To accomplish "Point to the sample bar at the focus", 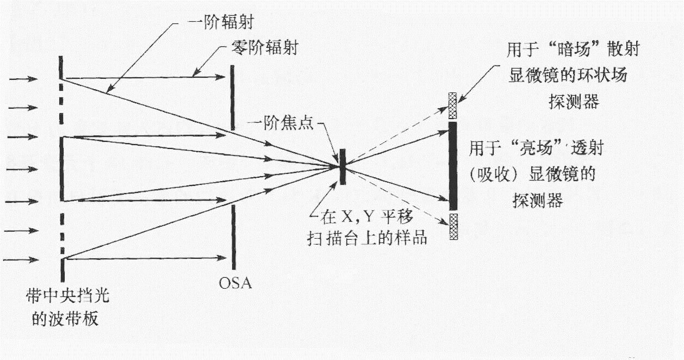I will [x=342, y=166].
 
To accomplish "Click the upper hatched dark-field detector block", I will [x=452, y=104].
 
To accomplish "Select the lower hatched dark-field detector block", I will [x=452, y=227].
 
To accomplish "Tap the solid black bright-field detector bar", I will [x=452, y=166].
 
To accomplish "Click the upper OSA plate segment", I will [x=233, y=98].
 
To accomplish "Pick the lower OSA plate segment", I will [x=233, y=237].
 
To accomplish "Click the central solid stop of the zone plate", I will [x=61, y=169].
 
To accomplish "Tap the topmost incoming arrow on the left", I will [x=22, y=79].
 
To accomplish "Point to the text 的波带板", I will [x=65, y=319].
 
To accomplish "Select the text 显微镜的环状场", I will [x=567, y=75].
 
